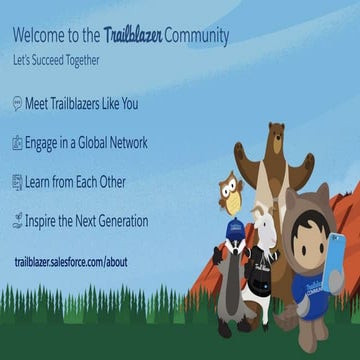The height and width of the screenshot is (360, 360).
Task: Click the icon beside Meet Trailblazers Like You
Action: (17, 104)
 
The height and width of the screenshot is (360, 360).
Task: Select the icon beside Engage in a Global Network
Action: (17, 143)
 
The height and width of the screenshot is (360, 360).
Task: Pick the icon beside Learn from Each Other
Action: (17, 182)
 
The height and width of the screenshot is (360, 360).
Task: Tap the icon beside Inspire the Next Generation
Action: (17, 221)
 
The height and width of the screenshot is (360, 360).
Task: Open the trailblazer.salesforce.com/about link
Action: (71, 262)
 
